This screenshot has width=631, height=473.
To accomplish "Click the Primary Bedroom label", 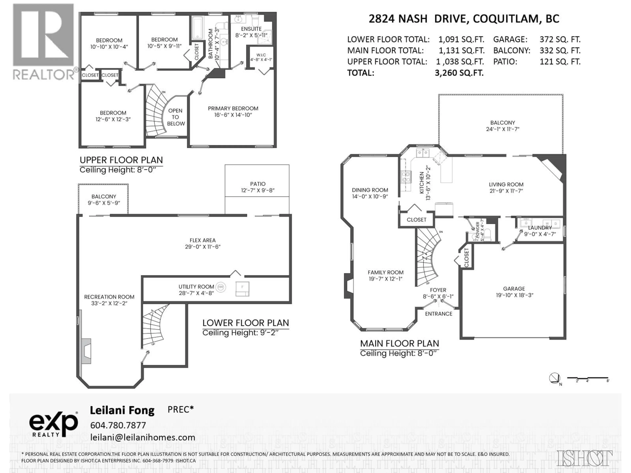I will (x=233, y=108).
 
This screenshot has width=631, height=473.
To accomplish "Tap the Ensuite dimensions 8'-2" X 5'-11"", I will (x=251, y=35).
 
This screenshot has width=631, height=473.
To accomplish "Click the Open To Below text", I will (x=175, y=117).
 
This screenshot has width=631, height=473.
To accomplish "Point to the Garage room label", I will (x=514, y=289).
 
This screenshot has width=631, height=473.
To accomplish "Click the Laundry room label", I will (x=540, y=227).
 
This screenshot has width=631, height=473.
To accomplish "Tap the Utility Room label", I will (x=196, y=287).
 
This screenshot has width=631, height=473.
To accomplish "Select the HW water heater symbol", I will (x=221, y=287).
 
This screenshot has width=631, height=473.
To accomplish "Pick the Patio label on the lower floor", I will (x=258, y=184).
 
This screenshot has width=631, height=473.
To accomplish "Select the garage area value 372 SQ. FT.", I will (x=560, y=39).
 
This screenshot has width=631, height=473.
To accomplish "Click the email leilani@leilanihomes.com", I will (x=143, y=437).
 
